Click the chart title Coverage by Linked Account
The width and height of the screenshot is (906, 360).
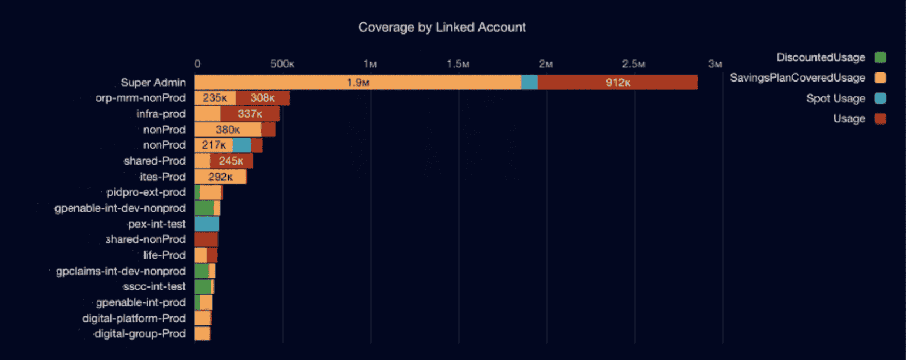pyautogui.click(x=442, y=27)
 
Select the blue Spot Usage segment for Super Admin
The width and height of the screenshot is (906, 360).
pyautogui.click(x=529, y=83)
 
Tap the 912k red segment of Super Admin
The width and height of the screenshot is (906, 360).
pyautogui.click(x=617, y=83)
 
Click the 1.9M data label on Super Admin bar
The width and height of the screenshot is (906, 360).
pyautogui.click(x=358, y=83)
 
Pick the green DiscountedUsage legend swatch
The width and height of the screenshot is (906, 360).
pyautogui.click(x=880, y=57)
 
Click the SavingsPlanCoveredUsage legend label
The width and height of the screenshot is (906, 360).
pyautogui.click(x=797, y=78)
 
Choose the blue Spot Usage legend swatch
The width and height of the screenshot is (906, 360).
pyautogui.click(x=880, y=98)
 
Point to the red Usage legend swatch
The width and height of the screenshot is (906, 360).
pyautogui.click(x=880, y=119)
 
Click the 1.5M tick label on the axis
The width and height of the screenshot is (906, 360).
pyautogui.click(x=458, y=64)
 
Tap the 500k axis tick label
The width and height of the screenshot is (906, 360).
pyautogui.click(x=282, y=64)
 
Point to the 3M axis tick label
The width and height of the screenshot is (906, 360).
pyautogui.click(x=715, y=64)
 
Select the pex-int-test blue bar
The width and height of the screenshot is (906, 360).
pyautogui.click(x=207, y=224)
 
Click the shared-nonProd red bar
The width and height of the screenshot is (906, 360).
pyautogui.click(x=206, y=239)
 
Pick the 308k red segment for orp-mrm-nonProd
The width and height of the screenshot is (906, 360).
pyautogui.click(x=263, y=98)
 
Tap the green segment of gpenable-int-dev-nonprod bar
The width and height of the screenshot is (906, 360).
pyautogui.click(x=204, y=208)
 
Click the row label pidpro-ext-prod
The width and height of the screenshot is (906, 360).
pyautogui.click(x=146, y=192)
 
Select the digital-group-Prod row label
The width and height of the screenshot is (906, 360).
pyautogui.click(x=139, y=334)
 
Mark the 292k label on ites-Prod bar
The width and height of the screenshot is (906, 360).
pyautogui.click(x=220, y=177)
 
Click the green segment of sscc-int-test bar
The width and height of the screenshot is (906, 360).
pyautogui.click(x=203, y=287)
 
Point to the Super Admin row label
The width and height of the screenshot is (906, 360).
pyautogui.click(x=153, y=83)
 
